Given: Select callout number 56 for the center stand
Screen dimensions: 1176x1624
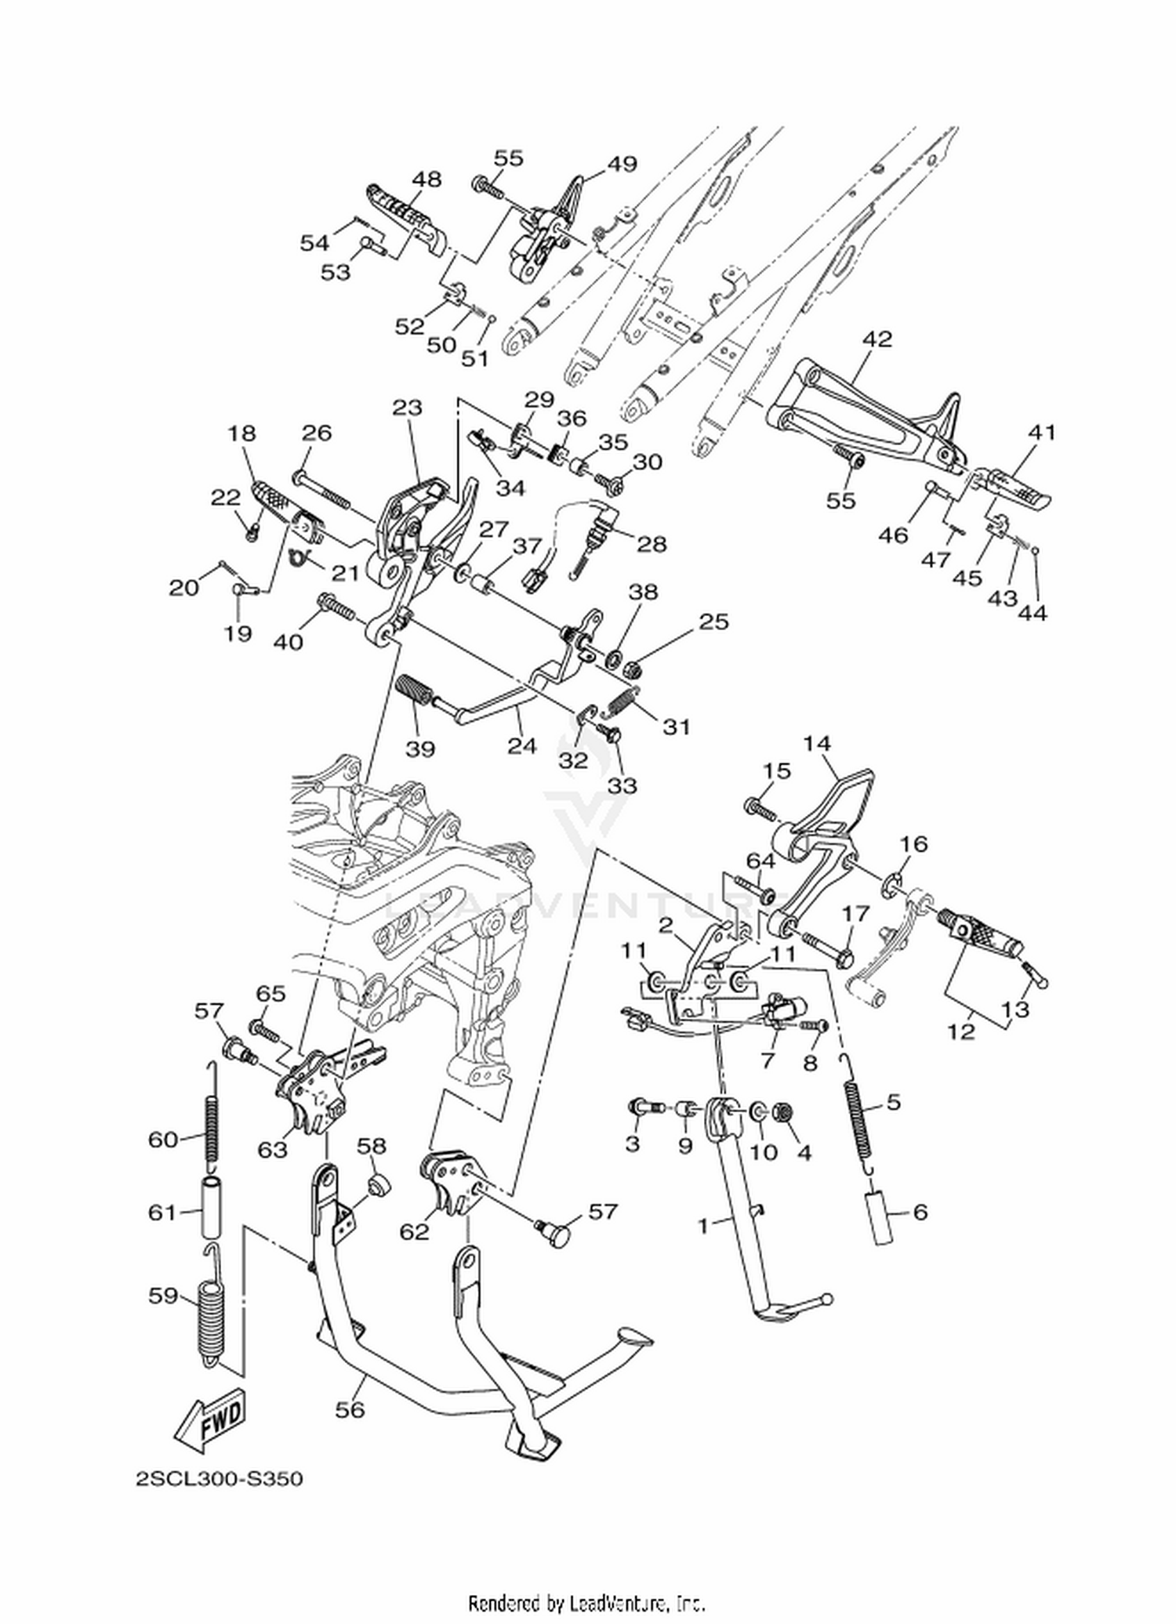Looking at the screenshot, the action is (x=350, y=1408).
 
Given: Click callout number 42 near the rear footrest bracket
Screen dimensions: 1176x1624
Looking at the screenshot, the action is (x=877, y=339).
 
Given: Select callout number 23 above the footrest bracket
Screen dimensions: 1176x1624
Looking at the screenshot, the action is (x=408, y=408).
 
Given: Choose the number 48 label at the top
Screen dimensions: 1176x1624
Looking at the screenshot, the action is (x=426, y=179).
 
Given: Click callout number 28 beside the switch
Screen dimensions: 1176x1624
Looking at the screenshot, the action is (x=652, y=544).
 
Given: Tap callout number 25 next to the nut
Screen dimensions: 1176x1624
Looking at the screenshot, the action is (x=713, y=621).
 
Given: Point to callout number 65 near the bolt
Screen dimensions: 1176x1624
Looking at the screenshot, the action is (x=270, y=993).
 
